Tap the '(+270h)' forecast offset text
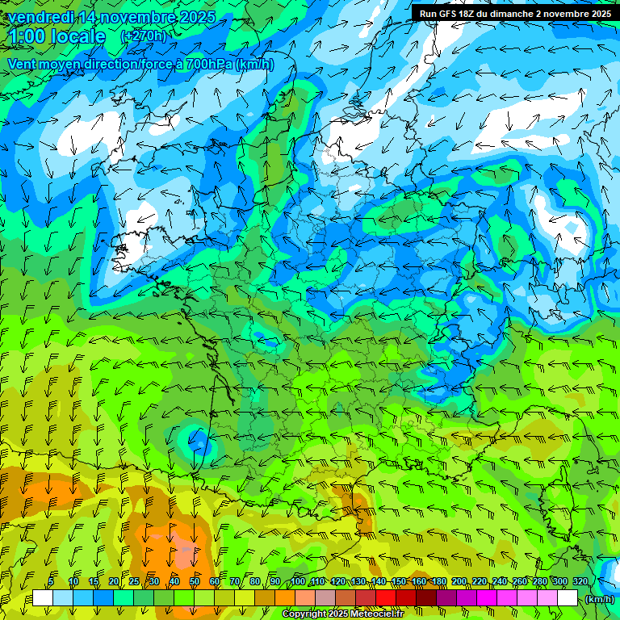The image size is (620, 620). tap(143, 36)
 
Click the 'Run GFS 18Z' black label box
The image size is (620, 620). tap(515, 14)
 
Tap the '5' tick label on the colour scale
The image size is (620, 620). tap(52, 582)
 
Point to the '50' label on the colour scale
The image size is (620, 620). tap(195, 582)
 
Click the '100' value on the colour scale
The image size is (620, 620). tap(298, 582)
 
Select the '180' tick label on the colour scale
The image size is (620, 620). tap(439, 582)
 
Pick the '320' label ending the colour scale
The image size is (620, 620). tap(580, 582)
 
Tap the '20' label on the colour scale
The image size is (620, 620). tap(113, 582)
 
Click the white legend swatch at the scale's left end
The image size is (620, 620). tap(42, 598)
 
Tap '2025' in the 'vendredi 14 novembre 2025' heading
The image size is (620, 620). tap(197, 17)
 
